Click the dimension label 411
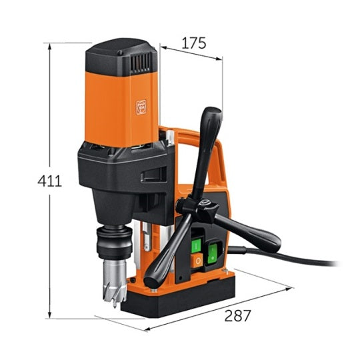[49, 181]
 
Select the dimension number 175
[194, 43]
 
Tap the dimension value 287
[237, 315]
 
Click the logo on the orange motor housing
[141, 107]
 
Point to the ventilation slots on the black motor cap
[141, 63]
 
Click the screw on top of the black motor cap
[120, 53]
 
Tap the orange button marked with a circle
[197, 261]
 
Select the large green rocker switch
[213, 254]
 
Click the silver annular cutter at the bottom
[115, 283]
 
